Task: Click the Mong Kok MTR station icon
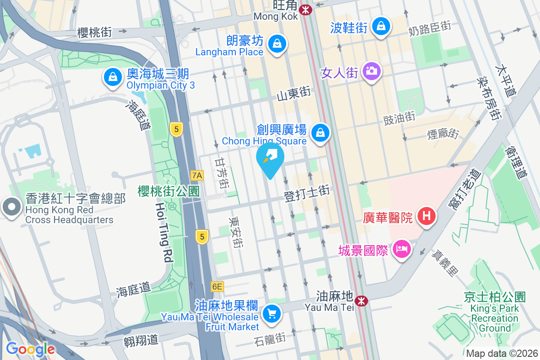click(306, 9)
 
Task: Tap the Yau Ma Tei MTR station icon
click(360, 301)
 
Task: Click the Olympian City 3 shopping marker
click(112, 77)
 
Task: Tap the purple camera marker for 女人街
click(371, 71)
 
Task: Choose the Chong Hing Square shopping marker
click(320, 133)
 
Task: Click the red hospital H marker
click(427, 216)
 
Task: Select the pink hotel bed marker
click(401, 249)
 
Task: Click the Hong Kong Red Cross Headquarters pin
click(11, 207)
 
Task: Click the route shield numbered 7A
click(197, 175)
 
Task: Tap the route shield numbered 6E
click(217, 286)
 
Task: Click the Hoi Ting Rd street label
click(164, 232)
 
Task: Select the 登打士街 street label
click(307, 194)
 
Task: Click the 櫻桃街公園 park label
click(169, 191)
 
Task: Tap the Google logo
click(30, 349)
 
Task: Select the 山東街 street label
click(293, 94)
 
